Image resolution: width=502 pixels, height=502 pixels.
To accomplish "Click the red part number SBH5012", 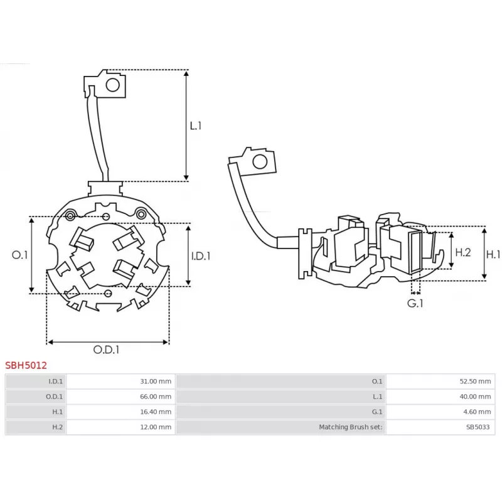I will (26, 365).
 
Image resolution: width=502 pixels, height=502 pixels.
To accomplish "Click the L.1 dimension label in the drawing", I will (196, 125).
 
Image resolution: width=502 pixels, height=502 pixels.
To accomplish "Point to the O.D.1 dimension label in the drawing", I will (107, 350).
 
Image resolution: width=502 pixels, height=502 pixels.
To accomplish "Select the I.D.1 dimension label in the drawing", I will (200, 255).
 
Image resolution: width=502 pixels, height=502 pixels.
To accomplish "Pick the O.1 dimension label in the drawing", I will (20, 255).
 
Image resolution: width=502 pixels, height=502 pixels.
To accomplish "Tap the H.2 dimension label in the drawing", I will (462, 252).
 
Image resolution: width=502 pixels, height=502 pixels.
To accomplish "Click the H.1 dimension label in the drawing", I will (494, 254).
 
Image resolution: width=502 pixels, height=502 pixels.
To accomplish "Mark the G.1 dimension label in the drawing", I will (415, 303).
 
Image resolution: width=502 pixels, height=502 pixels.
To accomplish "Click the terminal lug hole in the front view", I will (113, 84).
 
